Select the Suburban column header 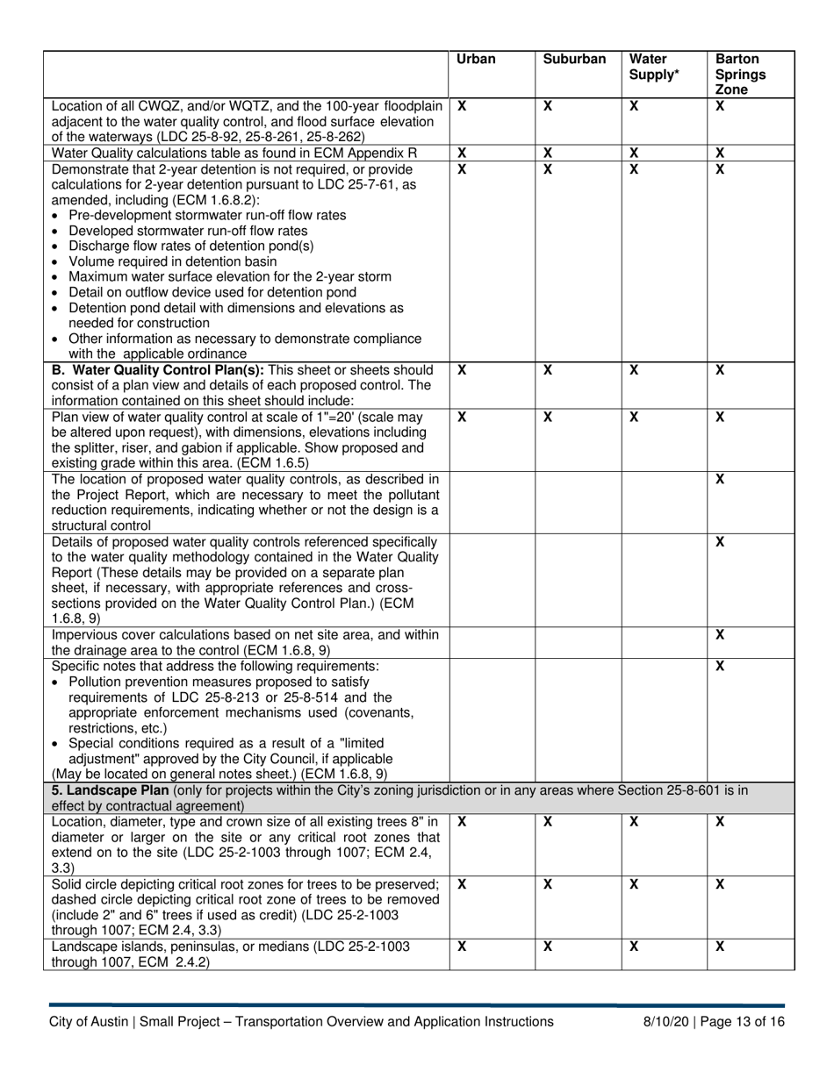pyautogui.click(x=574, y=60)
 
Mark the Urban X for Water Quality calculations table pyautogui.click(x=462, y=153)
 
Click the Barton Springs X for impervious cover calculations pyautogui.click(x=720, y=634)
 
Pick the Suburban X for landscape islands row pyautogui.click(x=548, y=947)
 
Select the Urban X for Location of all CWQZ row pyautogui.click(x=462, y=105)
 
